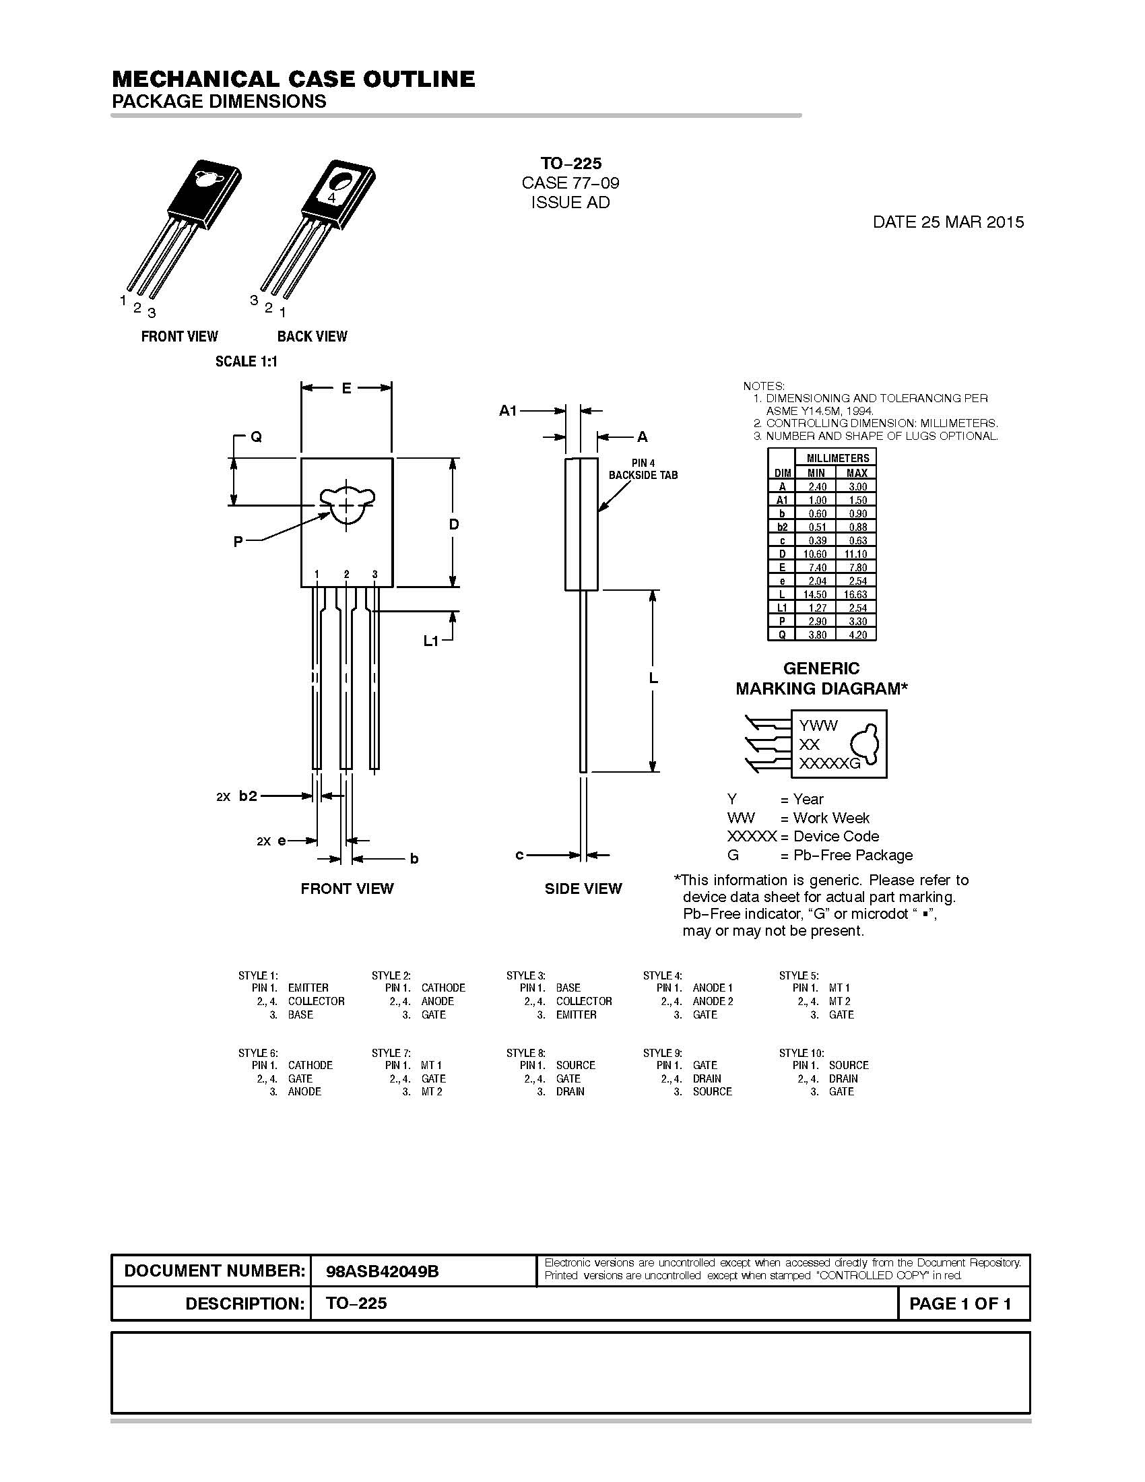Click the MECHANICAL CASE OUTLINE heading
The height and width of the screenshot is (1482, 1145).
(293, 79)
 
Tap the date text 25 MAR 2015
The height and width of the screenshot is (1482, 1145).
(948, 222)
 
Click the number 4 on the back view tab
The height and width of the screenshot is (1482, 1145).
(331, 197)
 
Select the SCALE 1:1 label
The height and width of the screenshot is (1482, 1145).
(247, 362)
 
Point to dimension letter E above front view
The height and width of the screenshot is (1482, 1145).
(346, 388)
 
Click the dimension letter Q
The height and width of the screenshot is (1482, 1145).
(257, 437)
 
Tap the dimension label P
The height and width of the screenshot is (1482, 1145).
(238, 542)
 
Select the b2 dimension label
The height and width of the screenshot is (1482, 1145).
(248, 796)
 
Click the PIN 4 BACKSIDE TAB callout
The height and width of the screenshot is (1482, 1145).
(643, 469)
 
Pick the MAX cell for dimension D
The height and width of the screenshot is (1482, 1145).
(857, 554)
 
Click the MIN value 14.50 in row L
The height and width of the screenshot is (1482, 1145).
(816, 594)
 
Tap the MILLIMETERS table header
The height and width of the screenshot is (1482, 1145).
(837, 458)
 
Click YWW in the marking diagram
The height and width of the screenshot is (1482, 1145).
(818, 726)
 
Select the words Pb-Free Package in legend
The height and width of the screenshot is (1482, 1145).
(853, 855)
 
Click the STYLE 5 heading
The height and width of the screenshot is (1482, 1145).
(798, 976)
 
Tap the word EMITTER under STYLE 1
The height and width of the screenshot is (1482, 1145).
(308, 988)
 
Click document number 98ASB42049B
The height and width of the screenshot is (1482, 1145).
(383, 1272)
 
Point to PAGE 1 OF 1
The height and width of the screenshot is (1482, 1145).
(960, 1303)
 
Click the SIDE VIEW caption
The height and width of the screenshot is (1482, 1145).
(583, 889)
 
